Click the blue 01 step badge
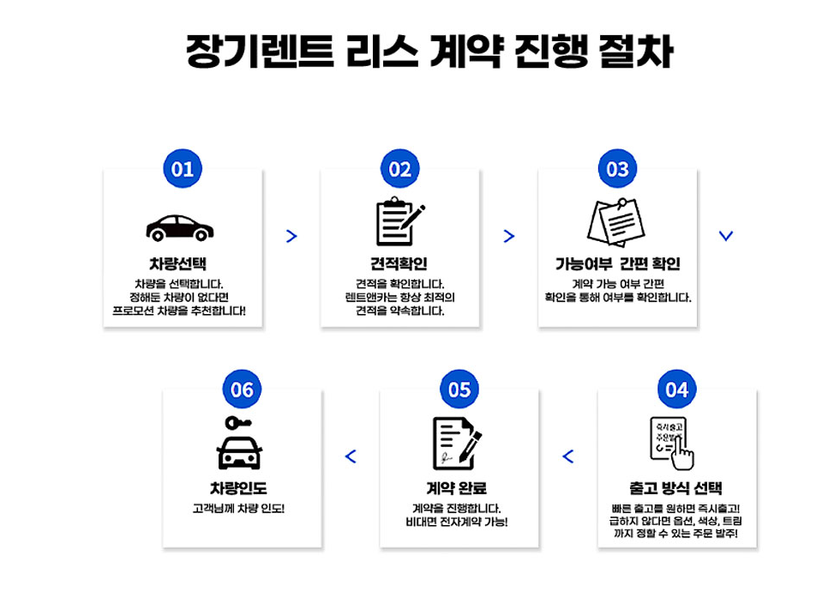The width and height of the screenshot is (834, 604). click(183, 169)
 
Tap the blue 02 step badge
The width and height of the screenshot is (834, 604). click(400, 169)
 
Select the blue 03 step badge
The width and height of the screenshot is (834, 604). click(617, 169)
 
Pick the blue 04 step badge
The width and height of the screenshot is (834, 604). click(677, 390)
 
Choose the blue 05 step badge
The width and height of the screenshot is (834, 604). click(459, 390)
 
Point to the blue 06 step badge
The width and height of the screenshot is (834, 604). click(243, 390)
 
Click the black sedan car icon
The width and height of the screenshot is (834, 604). click(180, 227)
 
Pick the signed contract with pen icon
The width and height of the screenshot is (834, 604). click(456, 444)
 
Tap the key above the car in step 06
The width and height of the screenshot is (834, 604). click(237, 422)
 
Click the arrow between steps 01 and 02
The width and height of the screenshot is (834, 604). click(291, 236)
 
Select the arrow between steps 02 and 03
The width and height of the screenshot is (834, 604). click(509, 236)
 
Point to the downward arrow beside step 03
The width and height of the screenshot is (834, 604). click(726, 236)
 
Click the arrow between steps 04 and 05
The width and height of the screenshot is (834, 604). click(567, 456)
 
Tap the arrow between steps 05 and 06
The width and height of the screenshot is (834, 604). click(350, 456)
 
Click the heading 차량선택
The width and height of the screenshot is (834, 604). click(178, 264)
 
